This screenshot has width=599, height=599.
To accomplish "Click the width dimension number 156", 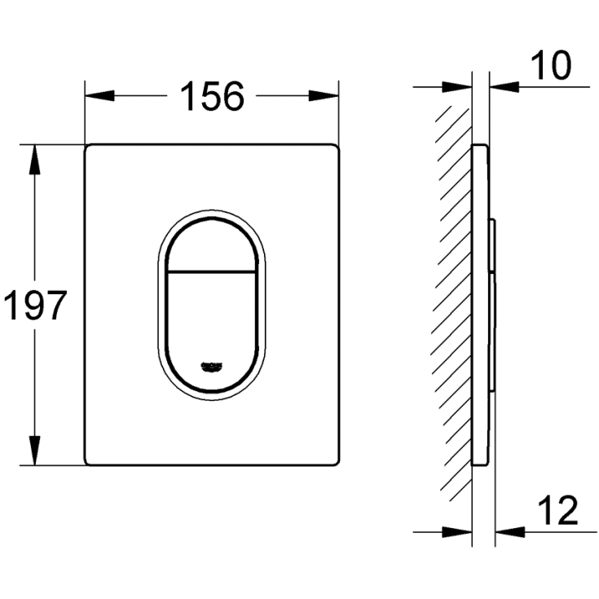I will point(211,97).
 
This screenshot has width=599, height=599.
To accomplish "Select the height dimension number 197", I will point(33,306).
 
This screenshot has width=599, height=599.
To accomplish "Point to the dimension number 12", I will point(557,512).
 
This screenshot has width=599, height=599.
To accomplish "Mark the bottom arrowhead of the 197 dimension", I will point(34,452).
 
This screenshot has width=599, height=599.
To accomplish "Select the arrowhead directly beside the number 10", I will point(503,85).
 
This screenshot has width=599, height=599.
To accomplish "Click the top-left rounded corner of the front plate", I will point(90,149).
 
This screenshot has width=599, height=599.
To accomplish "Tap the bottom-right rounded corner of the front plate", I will point(334,462).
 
